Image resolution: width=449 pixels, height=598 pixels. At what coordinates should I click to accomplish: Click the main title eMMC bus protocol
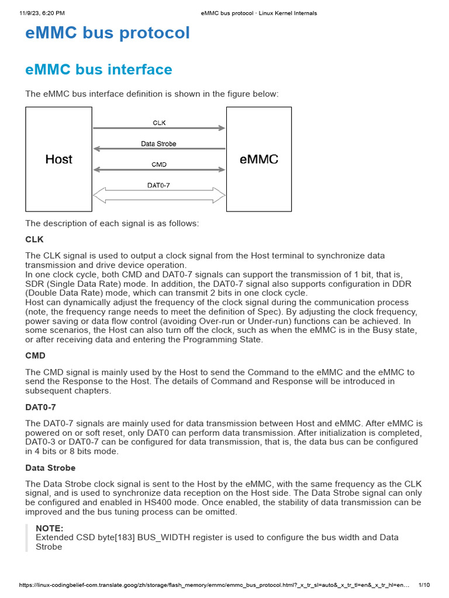pos(108,33)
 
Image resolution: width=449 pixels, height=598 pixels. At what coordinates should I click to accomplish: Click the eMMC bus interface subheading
pos(99,70)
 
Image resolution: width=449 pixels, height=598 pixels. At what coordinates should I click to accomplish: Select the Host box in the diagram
pos(58,159)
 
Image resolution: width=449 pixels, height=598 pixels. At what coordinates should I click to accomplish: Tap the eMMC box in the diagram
pos(259,159)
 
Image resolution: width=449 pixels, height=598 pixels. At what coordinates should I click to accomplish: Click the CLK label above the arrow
pos(159,123)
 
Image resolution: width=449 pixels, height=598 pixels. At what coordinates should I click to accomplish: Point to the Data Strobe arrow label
pos(158,144)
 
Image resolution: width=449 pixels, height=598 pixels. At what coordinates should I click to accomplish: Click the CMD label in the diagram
pos(159,165)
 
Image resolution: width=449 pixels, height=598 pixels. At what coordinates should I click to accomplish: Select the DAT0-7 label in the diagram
pos(158,186)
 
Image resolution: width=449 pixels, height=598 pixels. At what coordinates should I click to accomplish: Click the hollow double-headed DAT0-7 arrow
pos(159,196)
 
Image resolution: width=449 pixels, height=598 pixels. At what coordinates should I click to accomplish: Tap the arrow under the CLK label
pos(159,128)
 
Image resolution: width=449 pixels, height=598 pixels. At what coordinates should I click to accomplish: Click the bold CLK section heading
pos(34,239)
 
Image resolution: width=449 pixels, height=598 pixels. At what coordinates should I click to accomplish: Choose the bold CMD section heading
pos(35,355)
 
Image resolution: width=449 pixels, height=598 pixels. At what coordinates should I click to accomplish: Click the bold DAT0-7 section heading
pos(40,406)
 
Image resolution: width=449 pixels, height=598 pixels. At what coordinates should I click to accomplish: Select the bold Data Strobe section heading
pos(50,468)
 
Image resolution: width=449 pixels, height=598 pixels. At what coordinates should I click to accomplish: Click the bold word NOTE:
pos(50,528)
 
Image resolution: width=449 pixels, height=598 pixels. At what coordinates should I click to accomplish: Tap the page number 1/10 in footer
pos(424,585)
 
